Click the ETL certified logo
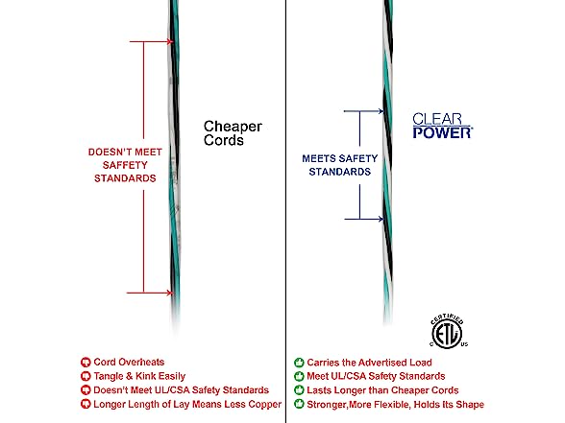[x=448, y=332]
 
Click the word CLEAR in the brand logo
[x=437, y=119]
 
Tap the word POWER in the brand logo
[x=442, y=132]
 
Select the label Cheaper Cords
[x=233, y=133]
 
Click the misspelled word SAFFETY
[x=125, y=165]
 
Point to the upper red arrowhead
[x=170, y=42]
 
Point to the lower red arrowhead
[x=170, y=293]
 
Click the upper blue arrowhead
[x=381, y=111]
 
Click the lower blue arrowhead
[x=381, y=219]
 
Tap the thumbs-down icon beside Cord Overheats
[x=86, y=363]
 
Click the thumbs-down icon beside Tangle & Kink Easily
[x=86, y=376]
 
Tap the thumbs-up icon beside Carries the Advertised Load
[x=299, y=363]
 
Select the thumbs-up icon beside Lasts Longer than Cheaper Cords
[x=299, y=390]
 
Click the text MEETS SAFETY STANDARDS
[x=340, y=165]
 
